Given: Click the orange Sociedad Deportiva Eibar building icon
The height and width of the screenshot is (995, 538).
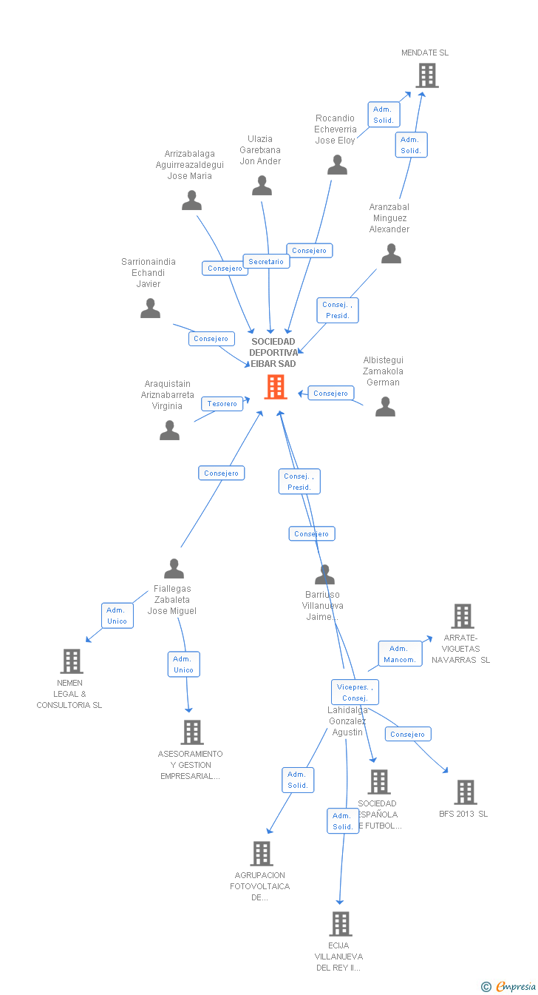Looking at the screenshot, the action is pos(276,386).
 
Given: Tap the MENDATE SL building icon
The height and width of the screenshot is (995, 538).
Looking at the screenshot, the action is pos(426,75).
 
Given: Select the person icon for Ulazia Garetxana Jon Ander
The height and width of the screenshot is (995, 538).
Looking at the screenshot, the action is pos(262,186).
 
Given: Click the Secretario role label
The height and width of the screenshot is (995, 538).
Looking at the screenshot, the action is pos(266,262).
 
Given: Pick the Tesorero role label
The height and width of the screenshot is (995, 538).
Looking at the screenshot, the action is pos(222,404).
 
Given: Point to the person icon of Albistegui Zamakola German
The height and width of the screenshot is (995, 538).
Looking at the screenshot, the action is pos(385,407).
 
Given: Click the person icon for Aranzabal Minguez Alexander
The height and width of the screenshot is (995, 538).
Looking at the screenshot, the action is pos(391,254).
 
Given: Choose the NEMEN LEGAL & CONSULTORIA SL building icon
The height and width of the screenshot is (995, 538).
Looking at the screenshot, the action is pos(71,661).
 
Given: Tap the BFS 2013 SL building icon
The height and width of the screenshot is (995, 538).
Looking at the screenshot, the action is pos(465,792).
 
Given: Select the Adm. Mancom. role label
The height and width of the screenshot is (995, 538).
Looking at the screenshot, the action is pos(400,654).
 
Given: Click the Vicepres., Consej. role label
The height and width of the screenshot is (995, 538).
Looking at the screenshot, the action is pos(355,692).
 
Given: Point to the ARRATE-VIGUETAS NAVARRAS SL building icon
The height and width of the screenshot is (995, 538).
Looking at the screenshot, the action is pos(462,616).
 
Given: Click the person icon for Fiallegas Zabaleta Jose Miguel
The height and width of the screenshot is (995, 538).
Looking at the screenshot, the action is pos(174,569).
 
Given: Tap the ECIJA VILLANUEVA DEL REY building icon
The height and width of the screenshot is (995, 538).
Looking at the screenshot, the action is pos(340,924).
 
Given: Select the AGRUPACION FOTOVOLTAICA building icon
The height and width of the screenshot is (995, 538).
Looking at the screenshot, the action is pos(261,854).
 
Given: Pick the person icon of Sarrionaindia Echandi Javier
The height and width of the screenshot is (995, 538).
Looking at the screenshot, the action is pos(150,308).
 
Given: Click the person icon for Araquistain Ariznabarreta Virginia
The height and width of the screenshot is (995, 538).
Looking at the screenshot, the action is pos(169,430).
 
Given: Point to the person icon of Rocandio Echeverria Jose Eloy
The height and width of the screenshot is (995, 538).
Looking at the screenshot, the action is pos(337,165).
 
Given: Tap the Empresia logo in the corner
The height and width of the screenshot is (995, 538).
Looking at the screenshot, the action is pos(509,986).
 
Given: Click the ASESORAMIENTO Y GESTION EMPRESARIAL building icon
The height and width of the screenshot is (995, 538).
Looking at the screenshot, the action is pos(191,732).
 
